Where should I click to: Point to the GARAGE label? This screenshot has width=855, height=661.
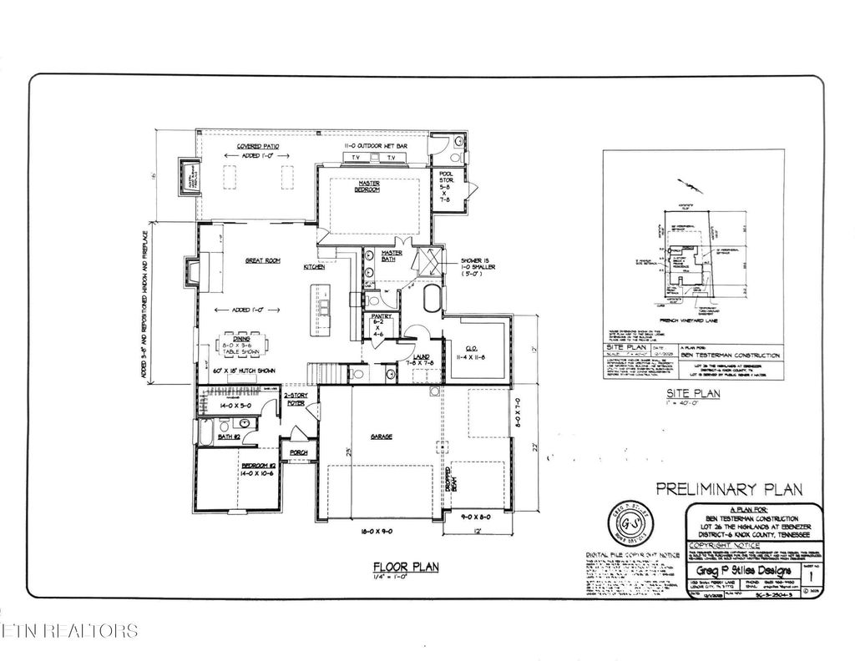pyautogui.click(x=382, y=436)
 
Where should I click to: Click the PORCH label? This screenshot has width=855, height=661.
pyautogui.click(x=298, y=452)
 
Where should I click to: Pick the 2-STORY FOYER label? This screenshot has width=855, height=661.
pyautogui.click(x=296, y=400)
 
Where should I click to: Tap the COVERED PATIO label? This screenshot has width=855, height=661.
pyautogui.click(x=257, y=146)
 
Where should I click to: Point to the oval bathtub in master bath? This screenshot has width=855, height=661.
pyautogui.click(x=432, y=298)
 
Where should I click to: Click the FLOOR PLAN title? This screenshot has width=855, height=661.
pyautogui.click(x=405, y=568)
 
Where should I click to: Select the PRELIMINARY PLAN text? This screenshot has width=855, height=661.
pyautogui.click(x=728, y=489)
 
